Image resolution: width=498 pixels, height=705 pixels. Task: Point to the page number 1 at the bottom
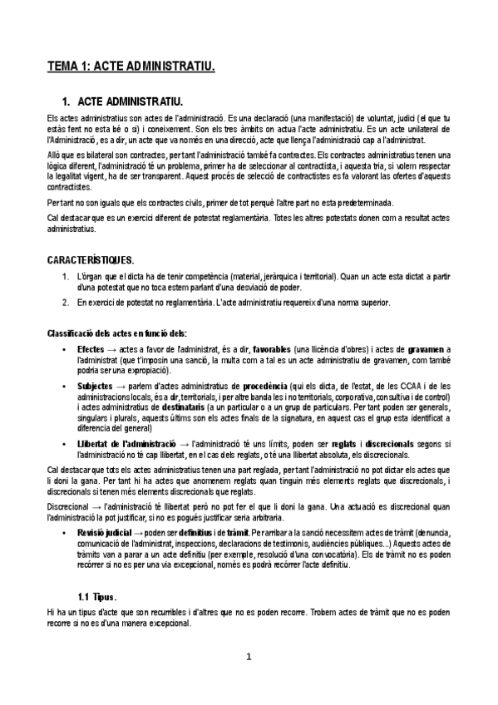(248, 656)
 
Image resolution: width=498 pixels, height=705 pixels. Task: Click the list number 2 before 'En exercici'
(67, 303)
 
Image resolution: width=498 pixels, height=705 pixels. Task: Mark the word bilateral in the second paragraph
(105, 155)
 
